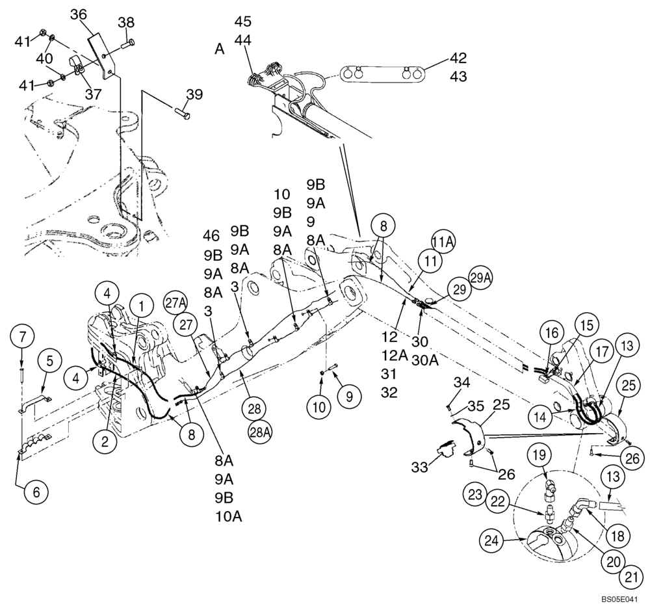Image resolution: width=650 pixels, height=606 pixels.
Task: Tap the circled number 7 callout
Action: (23, 337)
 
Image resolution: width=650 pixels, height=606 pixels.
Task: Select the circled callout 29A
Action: (480, 278)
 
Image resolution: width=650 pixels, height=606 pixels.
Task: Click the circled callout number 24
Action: (493, 539)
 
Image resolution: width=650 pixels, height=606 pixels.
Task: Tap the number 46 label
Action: (211, 235)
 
